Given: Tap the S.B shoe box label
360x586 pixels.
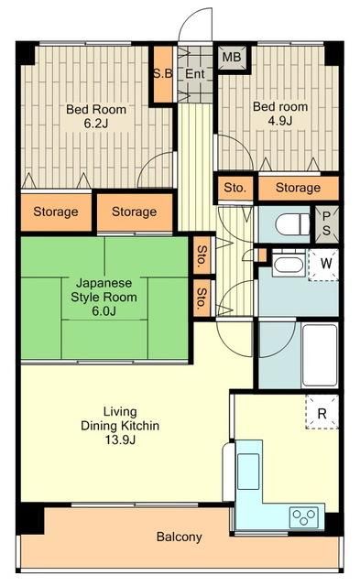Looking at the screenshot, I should pos(163,73).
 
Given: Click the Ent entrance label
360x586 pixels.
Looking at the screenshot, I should pos(194,74).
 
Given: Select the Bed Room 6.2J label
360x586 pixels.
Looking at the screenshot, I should pos(96,116).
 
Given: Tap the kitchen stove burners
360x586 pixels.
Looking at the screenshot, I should pos(303,516).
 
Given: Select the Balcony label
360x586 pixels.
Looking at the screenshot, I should pos(179,537).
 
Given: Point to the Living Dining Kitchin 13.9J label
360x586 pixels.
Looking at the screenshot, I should pos(119,427).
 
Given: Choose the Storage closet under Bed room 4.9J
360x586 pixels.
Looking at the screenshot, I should pos(298,188).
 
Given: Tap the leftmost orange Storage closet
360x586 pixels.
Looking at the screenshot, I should pos(56,212).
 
